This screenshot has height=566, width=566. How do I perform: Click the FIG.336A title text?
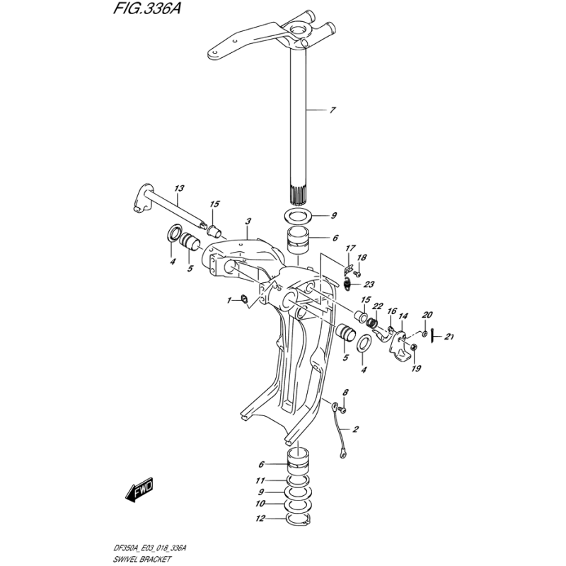click(146, 8)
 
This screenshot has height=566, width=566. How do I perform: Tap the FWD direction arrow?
click(139, 490)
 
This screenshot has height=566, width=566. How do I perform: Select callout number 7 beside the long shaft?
click(333, 110)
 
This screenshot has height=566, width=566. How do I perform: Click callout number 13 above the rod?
click(179, 188)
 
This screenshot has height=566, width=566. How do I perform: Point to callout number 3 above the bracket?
click(248, 221)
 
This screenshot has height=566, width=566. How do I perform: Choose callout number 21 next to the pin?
click(449, 337)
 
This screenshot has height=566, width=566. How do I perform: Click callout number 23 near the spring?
click(369, 284)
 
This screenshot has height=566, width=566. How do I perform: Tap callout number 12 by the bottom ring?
click(260, 519)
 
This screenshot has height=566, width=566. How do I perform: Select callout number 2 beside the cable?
click(356, 429)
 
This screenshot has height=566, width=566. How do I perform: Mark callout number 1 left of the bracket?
click(229, 300)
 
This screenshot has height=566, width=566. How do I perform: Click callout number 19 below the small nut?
click(416, 369)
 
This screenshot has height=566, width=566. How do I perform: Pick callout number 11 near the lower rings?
click(260, 480)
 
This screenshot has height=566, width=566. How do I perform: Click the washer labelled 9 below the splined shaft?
click(299, 216)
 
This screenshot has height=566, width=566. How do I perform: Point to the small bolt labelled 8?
click(343, 410)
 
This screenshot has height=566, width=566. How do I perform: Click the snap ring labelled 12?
click(298, 519)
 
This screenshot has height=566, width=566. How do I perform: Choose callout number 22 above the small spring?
click(377, 306)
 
